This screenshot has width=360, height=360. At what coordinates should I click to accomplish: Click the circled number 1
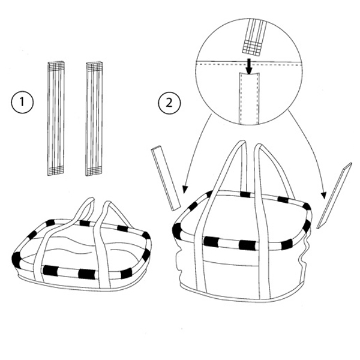(x=22, y=102)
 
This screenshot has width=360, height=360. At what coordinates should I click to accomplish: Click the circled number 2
(x=169, y=103)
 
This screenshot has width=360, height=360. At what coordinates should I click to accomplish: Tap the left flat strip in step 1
(x=56, y=119)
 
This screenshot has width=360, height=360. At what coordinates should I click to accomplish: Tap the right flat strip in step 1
(x=94, y=119)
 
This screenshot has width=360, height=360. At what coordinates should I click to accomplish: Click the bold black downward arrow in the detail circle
(x=248, y=66)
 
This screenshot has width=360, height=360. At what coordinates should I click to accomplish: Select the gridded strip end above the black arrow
(x=253, y=48)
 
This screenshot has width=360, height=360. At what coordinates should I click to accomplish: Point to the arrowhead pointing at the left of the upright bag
(x=185, y=189)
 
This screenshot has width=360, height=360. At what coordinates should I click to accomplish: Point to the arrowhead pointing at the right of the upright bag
(x=324, y=195)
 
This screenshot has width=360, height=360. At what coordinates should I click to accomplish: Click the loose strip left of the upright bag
(x=166, y=179)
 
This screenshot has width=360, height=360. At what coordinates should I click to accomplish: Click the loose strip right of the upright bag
(x=335, y=196)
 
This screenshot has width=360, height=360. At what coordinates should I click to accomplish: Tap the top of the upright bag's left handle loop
(x=241, y=143)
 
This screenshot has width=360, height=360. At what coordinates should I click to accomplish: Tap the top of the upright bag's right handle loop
(x=259, y=146)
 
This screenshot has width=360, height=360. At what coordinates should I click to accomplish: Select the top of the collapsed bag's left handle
(x=90, y=199)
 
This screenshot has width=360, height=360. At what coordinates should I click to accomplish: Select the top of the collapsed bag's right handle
(x=108, y=203)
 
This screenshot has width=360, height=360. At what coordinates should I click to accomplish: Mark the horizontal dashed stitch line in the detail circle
(x=248, y=64)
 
